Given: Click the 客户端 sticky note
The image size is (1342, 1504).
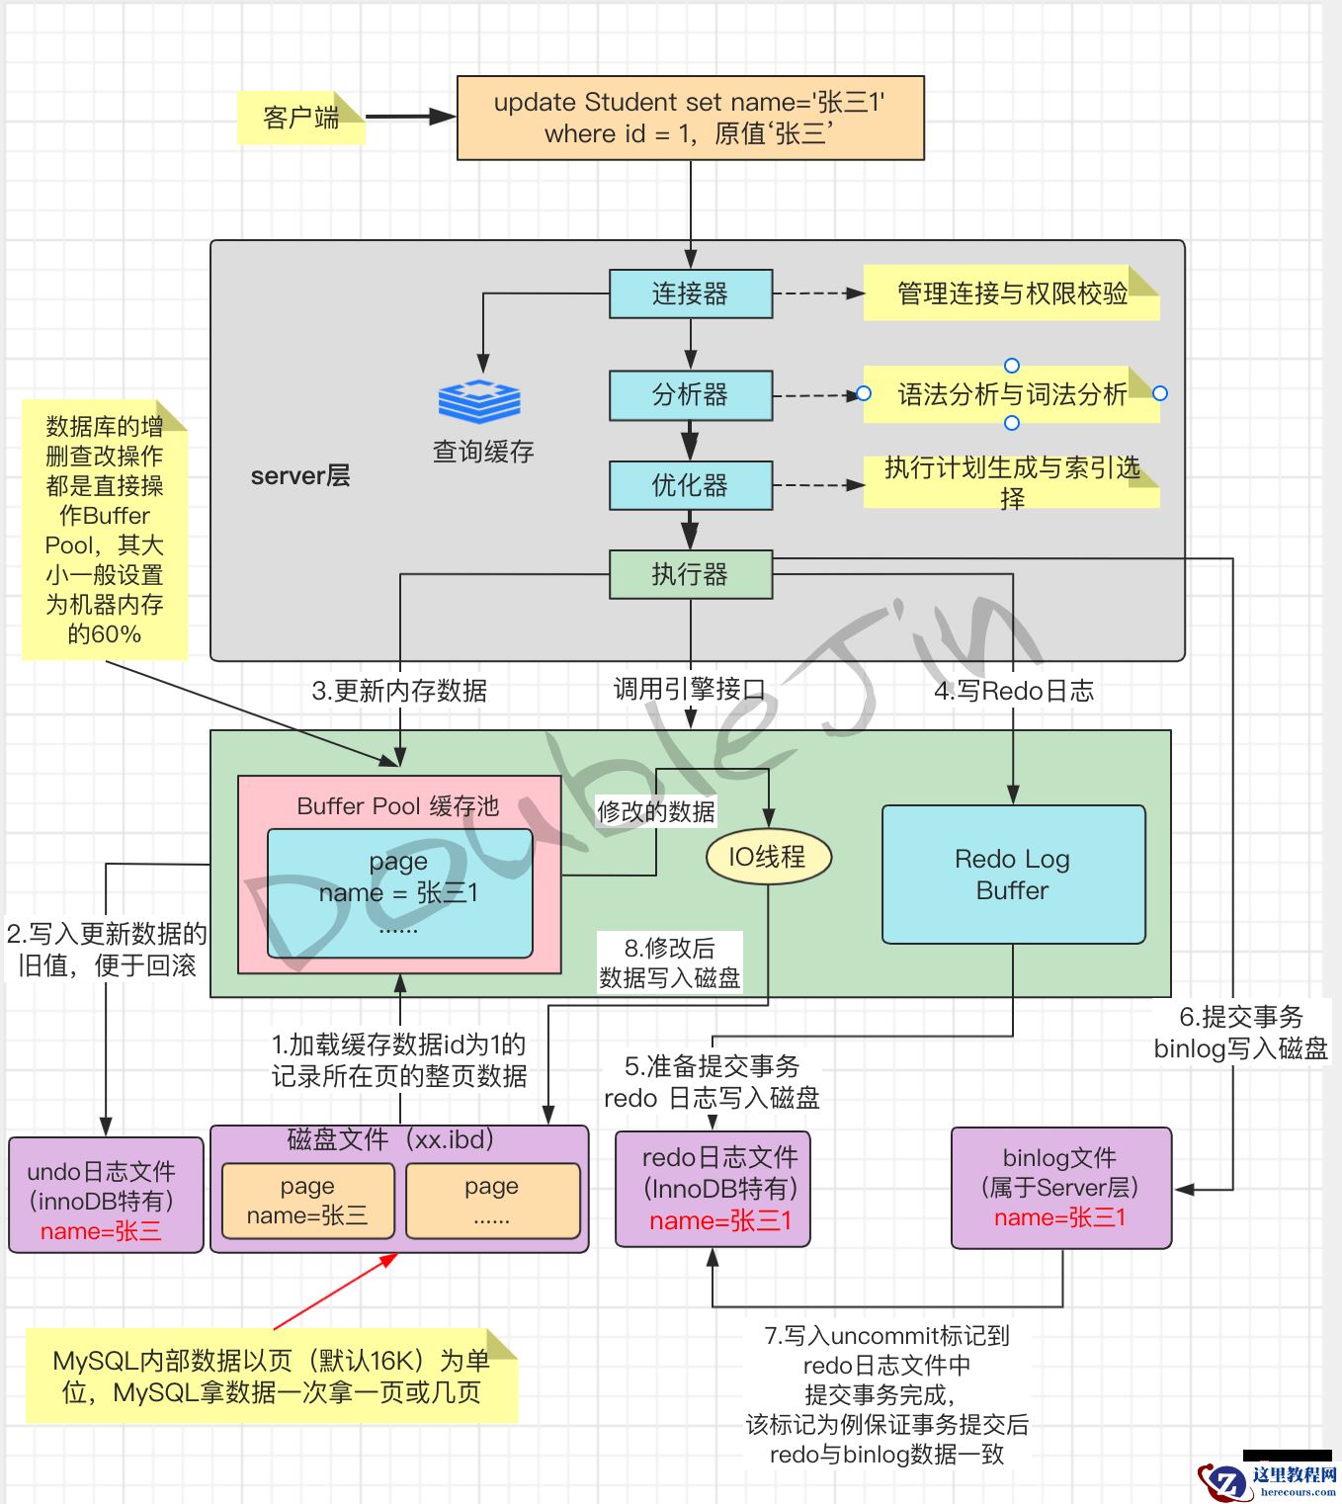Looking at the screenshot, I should (300, 118).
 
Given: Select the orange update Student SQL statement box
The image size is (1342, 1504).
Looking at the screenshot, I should (690, 118).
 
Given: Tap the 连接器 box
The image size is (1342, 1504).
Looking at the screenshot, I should (690, 293).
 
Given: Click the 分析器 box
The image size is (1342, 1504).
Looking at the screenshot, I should (690, 395).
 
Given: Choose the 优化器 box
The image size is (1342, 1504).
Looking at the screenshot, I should (690, 485).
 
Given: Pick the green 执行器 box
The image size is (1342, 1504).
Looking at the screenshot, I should (690, 574).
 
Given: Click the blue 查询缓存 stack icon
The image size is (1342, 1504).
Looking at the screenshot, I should (480, 401).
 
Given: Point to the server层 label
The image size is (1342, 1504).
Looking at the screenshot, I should (300, 476).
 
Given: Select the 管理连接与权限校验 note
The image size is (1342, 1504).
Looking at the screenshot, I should (1011, 293).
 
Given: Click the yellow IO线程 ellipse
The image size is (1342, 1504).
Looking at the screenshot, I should (768, 857).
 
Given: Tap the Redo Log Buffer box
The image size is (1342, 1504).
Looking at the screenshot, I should (1013, 875).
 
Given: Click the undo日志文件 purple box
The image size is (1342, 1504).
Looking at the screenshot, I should (106, 1195).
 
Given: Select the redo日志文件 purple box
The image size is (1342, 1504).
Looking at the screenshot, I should (713, 1189).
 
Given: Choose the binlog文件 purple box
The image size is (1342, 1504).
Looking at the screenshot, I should (1060, 1188).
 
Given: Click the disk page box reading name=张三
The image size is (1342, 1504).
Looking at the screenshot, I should (307, 1201).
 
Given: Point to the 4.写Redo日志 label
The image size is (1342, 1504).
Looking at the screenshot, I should (1014, 691).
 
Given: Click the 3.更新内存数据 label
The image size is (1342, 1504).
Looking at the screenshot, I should (399, 691).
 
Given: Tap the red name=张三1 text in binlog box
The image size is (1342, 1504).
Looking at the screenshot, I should (1060, 1217).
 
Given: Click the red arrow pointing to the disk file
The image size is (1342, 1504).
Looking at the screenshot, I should (336, 1291).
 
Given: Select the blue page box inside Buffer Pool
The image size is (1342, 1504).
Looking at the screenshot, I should (399, 892).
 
